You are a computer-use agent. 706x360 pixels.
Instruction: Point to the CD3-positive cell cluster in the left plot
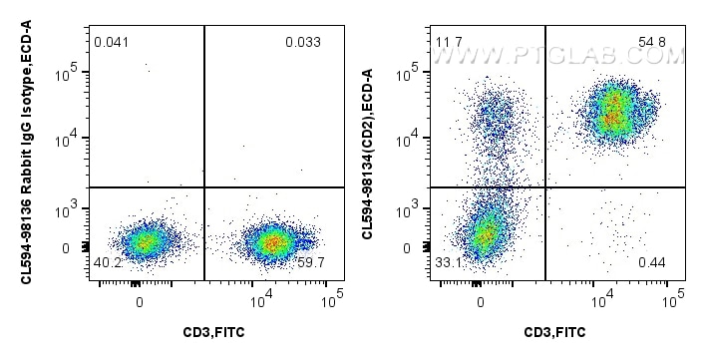click(270, 240)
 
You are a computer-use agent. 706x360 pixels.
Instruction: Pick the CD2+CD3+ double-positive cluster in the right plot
click(614, 112)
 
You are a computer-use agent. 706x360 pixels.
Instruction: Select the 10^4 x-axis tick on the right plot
click(602, 298)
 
